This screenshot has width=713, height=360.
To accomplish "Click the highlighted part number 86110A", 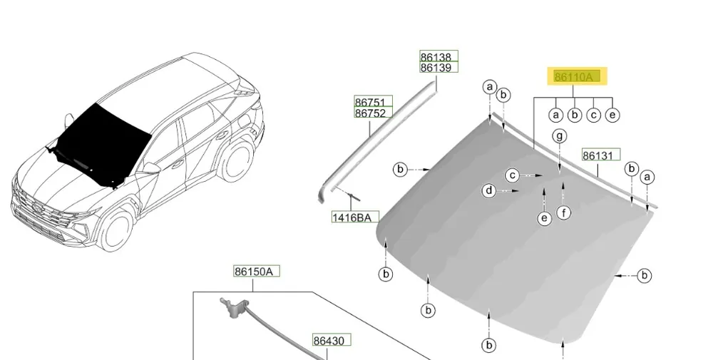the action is coord(573,77).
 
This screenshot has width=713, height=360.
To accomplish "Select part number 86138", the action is coord(436,57).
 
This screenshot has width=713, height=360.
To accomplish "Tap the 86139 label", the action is coord(436,68).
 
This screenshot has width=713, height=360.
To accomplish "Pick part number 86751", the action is coord(370,102).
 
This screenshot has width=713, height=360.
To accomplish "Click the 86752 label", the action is coord(370,113).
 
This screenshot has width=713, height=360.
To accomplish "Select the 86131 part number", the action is coord(597,155).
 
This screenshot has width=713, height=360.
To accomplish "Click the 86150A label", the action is coord(253,272).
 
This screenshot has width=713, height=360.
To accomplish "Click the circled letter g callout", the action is coord(560,136).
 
